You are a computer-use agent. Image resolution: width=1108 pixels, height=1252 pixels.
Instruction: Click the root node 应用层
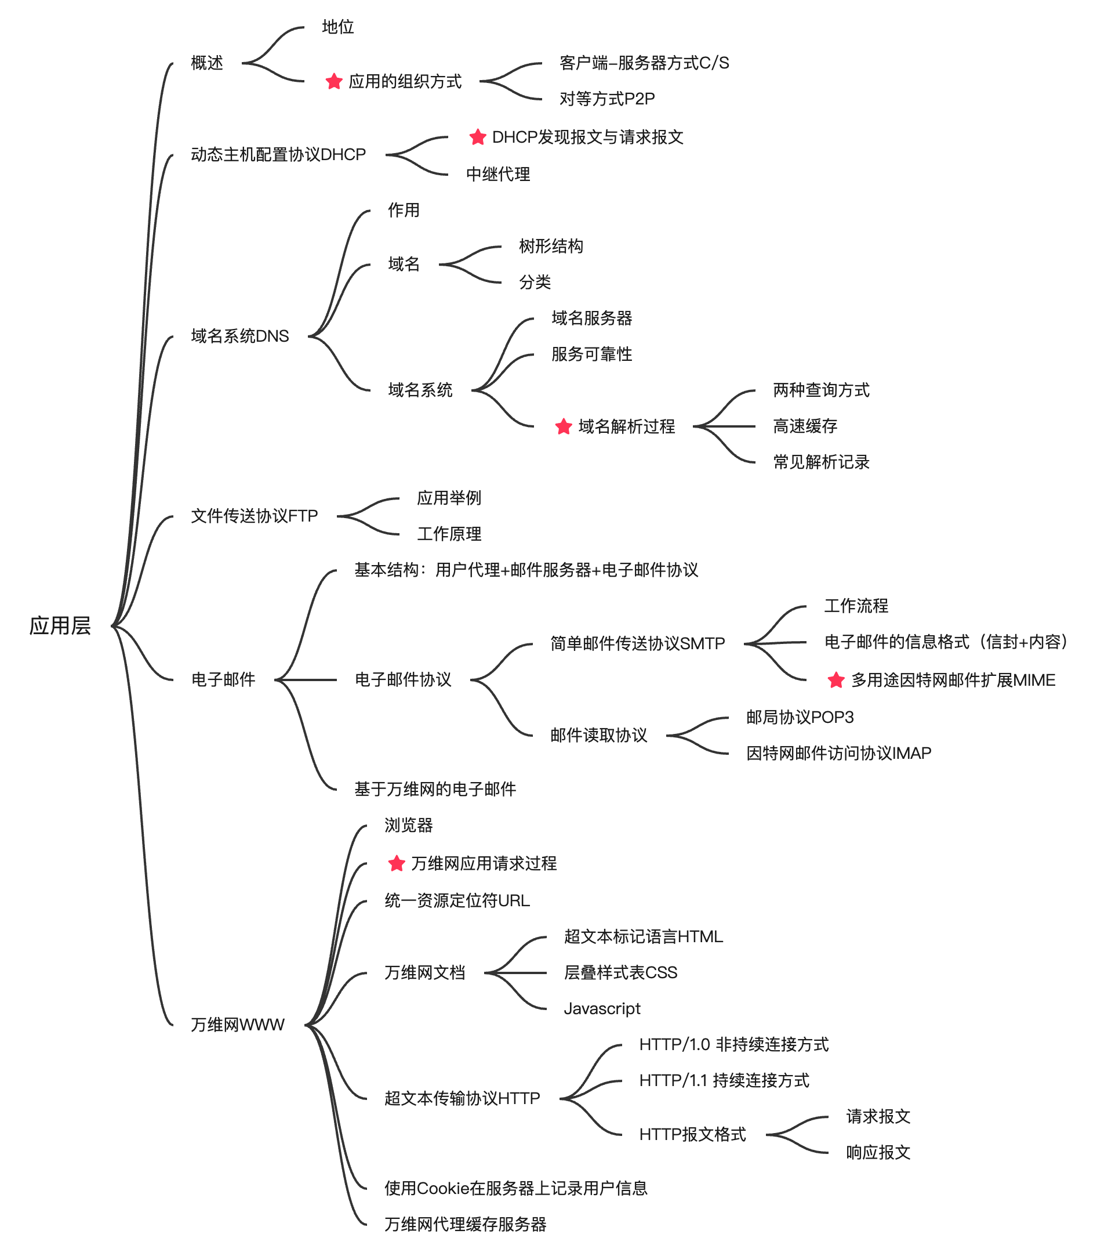click(60, 625)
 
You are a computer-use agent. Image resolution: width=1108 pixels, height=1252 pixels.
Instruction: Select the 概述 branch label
click(207, 63)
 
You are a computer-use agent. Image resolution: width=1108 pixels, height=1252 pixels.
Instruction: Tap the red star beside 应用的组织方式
click(333, 81)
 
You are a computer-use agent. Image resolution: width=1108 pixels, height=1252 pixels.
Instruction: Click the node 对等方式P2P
click(606, 99)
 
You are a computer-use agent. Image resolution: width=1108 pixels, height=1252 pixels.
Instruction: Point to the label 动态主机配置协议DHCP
click(278, 154)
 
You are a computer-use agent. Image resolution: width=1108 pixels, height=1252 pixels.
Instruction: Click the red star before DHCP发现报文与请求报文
click(478, 137)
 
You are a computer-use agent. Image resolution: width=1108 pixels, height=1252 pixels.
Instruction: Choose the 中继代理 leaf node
click(497, 174)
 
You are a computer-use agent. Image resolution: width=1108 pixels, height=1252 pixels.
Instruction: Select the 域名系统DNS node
click(239, 336)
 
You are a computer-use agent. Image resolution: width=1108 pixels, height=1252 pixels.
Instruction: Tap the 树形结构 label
click(550, 246)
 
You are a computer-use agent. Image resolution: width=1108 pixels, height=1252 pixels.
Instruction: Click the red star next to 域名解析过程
click(563, 426)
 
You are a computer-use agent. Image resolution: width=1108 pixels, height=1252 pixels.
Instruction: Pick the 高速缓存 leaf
click(804, 426)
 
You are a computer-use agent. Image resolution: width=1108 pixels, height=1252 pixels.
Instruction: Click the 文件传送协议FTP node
click(254, 516)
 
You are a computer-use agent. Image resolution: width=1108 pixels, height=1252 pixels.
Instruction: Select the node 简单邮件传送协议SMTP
click(637, 643)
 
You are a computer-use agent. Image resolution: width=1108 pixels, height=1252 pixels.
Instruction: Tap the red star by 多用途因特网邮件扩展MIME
click(835, 680)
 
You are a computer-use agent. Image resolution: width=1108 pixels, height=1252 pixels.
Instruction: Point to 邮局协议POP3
click(800, 717)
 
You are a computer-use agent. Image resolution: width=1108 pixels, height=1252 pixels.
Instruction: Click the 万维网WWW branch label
click(238, 1024)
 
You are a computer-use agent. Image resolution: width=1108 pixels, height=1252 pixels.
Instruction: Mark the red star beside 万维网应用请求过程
click(397, 863)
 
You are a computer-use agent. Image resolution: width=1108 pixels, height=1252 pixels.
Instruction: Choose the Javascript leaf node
click(601, 1008)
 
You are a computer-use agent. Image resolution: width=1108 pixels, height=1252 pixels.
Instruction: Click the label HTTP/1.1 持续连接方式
click(724, 1080)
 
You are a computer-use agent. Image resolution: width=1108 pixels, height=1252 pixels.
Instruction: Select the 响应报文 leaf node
click(878, 1152)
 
